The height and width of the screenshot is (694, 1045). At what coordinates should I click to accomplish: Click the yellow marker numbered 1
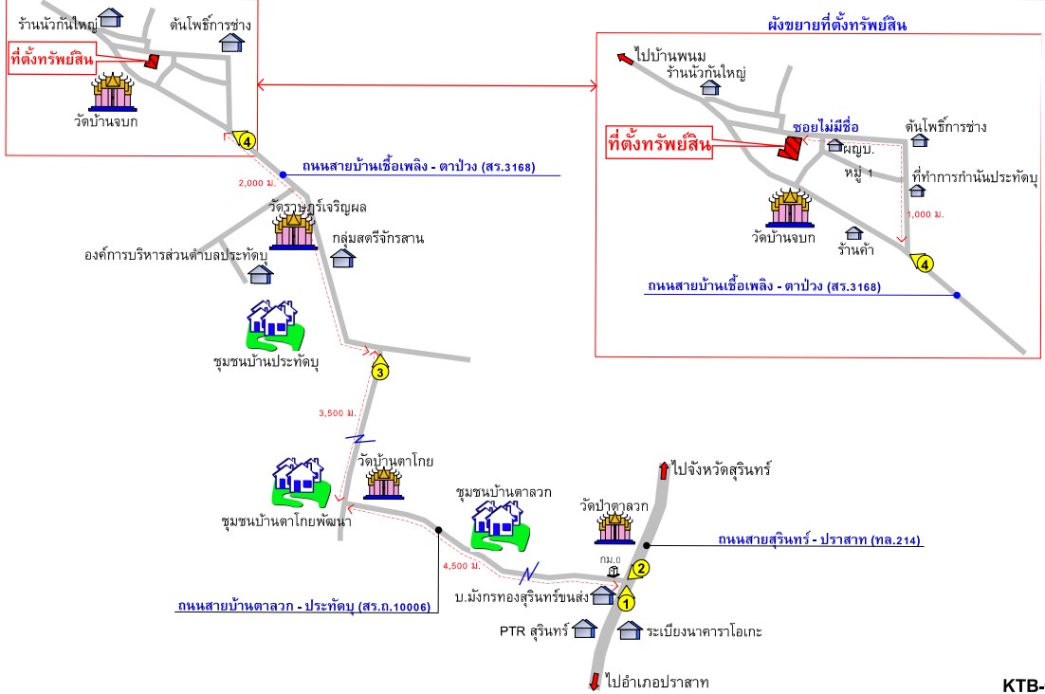(x=626, y=599)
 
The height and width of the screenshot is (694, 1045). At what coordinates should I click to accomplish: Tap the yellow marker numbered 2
(x=640, y=569)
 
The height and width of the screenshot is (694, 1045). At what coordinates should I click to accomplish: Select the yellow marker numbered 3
(x=379, y=371)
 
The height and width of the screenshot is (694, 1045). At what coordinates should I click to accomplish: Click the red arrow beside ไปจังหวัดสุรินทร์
(x=663, y=470)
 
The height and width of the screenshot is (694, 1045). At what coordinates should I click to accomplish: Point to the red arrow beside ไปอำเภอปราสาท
(x=595, y=681)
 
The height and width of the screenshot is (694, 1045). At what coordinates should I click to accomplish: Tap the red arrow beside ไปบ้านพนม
(x=625, y=59)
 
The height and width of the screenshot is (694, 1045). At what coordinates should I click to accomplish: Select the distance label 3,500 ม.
(x=338, y=412)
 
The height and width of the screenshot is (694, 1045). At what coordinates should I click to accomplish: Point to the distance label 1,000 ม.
(x=926, y=214)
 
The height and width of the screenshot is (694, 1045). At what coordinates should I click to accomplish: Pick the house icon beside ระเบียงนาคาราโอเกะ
(x=630, y=630)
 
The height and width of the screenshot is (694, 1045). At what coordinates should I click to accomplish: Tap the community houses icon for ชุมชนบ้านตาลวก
(x=498, y=522)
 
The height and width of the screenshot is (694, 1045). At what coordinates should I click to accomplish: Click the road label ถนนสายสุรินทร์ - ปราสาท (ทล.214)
(x=819, y=539)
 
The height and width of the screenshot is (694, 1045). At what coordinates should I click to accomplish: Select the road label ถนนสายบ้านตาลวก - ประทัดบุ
(x=303, y=606)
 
